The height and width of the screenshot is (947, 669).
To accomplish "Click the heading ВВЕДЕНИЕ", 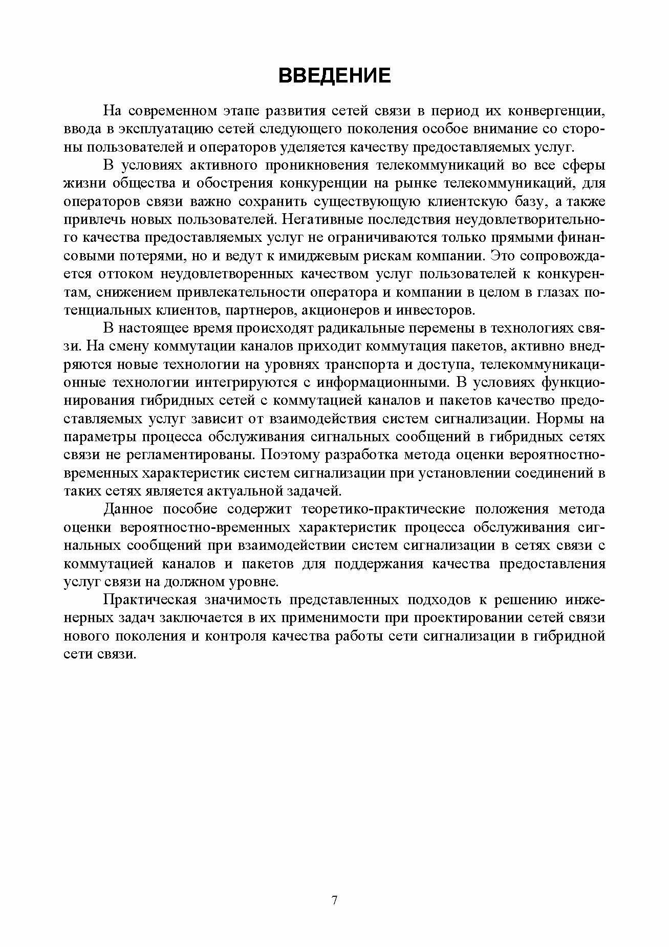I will click(334, 75).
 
